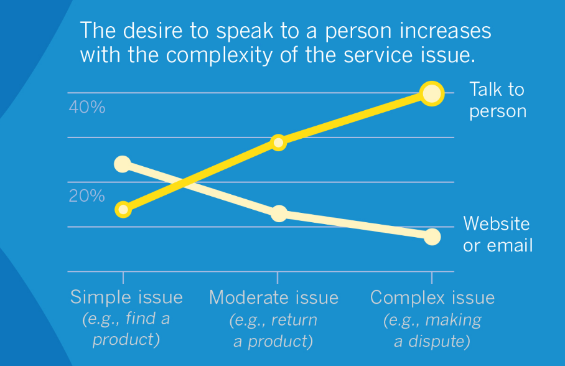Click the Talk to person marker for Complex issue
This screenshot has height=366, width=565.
click(x=432, y=93)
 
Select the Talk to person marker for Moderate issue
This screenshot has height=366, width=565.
click(x=278, y=143)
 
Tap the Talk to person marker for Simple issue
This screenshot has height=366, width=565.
click(x=123, y=209)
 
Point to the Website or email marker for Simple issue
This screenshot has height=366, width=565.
click(x=123, y=164)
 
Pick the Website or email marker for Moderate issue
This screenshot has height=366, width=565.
click(x=279, y=213)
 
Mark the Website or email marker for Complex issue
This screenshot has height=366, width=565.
click(x=432, y=237)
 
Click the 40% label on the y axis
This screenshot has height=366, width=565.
click(x=87, y=107)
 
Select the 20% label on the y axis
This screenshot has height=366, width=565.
click(x=87, y=197)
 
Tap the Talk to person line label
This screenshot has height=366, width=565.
click(x=497, y=100)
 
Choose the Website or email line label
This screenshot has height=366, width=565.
click(x=498, y=234)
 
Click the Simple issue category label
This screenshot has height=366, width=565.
click(x=126, y=297)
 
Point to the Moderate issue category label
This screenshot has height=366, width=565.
click(x=274, y=297)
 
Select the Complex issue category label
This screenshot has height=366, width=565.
click(x=432, y=297)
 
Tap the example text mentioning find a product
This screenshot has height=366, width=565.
click(x=126, y=330)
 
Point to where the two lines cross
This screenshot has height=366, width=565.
click(x=184, y=182)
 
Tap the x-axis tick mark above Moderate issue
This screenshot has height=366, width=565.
click(x=278, y=278)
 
